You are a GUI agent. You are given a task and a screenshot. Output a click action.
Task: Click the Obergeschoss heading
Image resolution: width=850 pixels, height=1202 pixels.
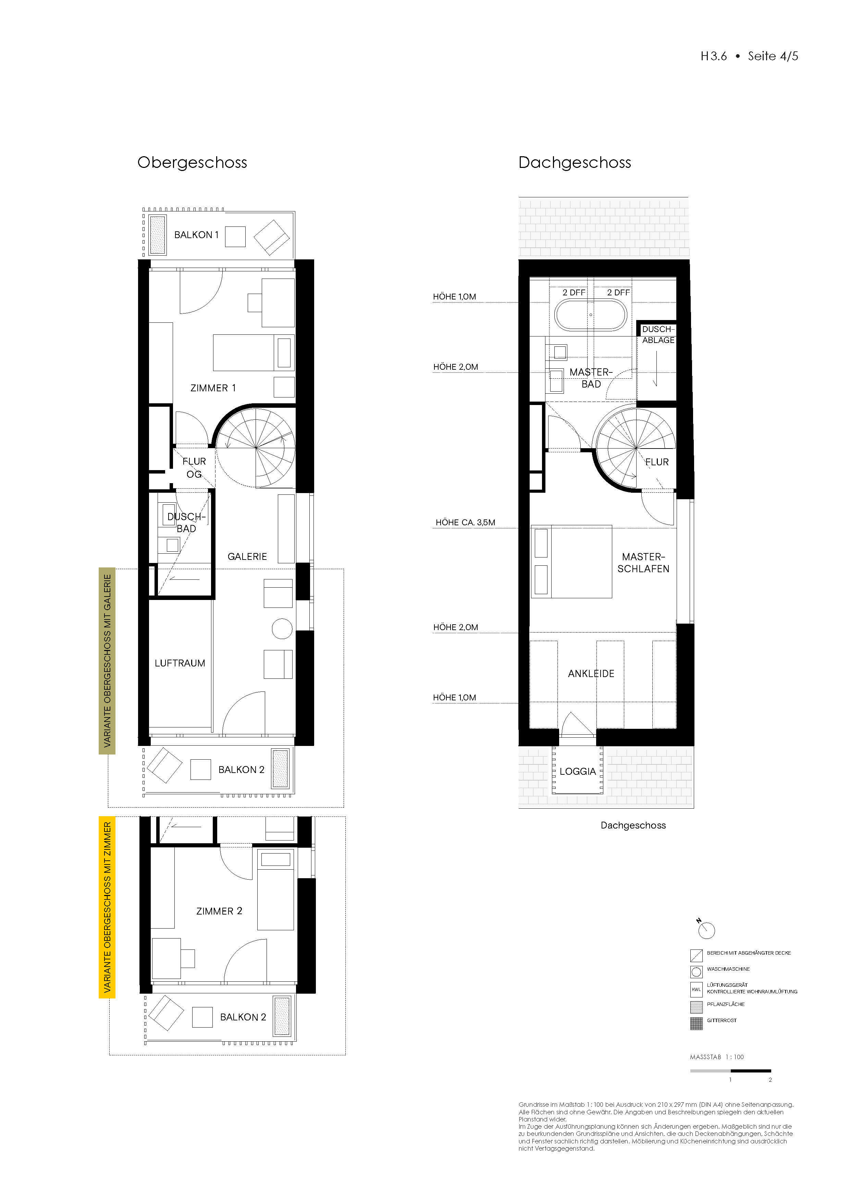(192, 163)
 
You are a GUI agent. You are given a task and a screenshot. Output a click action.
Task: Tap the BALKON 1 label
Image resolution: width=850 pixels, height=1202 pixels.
(196, 235)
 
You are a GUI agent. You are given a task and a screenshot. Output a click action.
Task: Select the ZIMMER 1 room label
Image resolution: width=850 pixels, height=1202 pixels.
(213, 388)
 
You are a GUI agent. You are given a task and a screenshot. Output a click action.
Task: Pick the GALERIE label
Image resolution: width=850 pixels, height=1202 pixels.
(247, 556)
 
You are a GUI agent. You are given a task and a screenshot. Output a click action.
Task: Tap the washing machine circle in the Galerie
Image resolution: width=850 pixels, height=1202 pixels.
(282, 629)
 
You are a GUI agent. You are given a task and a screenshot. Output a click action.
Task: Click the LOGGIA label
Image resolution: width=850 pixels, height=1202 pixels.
(577, 771)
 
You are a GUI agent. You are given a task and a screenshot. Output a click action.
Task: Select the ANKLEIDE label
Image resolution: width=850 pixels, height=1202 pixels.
(591, 674)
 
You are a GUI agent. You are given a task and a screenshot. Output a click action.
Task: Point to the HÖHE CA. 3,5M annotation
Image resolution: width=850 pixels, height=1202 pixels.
(465, 523)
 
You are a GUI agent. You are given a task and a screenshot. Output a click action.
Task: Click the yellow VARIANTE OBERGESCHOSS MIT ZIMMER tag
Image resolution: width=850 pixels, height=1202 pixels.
(107, 907)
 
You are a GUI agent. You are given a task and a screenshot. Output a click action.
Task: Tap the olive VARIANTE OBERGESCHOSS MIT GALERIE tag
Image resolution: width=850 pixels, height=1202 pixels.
(107, 661)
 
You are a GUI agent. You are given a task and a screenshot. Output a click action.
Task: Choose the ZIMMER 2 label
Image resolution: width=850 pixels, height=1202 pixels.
(219, 911)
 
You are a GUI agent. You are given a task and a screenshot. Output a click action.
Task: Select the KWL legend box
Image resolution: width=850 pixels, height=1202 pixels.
(696, 989)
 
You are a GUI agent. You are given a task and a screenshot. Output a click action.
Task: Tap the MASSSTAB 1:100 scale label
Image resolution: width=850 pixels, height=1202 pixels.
(716, 1057)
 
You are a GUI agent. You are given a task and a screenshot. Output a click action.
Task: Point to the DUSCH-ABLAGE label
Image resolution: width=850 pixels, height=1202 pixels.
(658, 334)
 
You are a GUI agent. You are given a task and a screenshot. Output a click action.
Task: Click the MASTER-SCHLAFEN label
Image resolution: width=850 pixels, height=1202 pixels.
(643, 563)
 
